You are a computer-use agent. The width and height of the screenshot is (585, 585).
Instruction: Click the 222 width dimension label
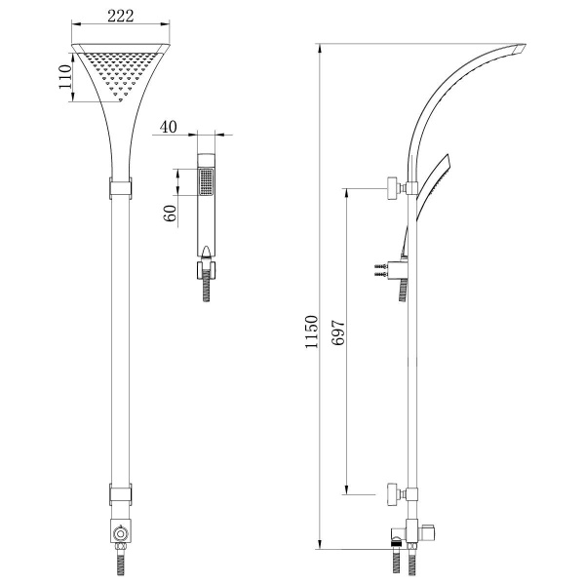pyautogui.click(x=120, y=16)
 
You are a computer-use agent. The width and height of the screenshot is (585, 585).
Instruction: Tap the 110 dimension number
pyautogui.click(x=65, y=77)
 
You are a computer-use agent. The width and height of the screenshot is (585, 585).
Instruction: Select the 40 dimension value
pyautogui.click(x=168, y=127)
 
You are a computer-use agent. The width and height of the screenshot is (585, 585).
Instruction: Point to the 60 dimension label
pyautogui.click(x=170, y=213)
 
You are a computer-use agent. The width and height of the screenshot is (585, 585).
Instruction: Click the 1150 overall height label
pyautogui.click(x=311, y=332)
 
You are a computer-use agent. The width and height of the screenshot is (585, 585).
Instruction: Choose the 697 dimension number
pyautogui.click(x=338, y=332)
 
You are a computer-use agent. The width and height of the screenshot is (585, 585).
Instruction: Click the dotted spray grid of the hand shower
pyautogui.click(x=206, y=182)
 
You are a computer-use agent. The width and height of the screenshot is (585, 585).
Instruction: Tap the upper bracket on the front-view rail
pyautogui.click(x=121, y=188)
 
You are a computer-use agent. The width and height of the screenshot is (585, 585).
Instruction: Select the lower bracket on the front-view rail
pyautogui.click(x=121, y=494)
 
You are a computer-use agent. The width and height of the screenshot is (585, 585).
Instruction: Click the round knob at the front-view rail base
pyautogui.click(x=121, y=534)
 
